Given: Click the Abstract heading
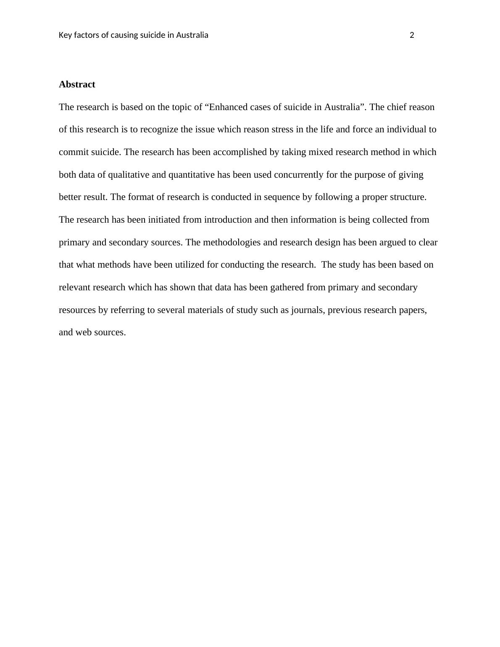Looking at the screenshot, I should (x=77, y=84).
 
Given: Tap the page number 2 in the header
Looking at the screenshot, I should (x=412, y=35).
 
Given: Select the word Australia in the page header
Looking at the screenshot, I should (x=192, y=35).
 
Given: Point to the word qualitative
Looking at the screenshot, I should (x=129, y=175).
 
